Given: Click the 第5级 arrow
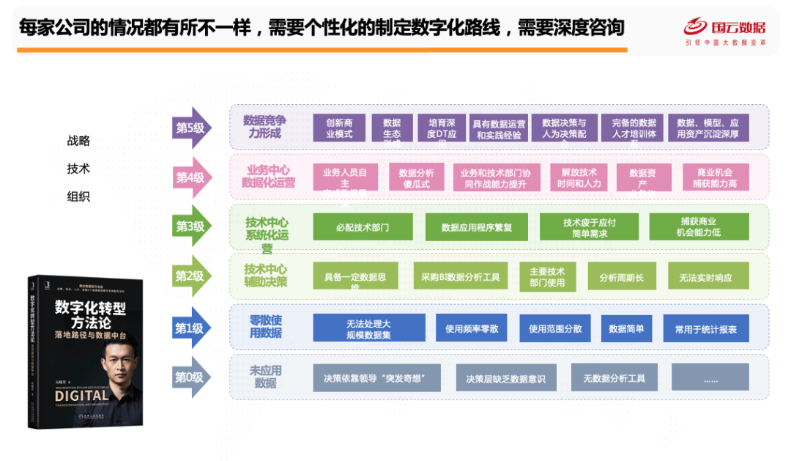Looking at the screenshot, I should [191, 128].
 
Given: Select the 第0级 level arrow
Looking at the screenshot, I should [191, 377].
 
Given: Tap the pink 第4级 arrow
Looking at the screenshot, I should [191, 177].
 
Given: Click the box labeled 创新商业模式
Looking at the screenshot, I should [339, 128].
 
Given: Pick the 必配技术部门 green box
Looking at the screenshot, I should [363, 227].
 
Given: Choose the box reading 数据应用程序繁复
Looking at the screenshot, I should [477, 227].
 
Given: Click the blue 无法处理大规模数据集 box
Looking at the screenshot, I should [368, 328].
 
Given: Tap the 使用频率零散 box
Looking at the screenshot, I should [472, 328].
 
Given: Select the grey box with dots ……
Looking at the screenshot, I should [710, 378].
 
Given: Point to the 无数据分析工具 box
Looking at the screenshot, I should [614, 378].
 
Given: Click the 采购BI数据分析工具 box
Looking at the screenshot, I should [460, 277].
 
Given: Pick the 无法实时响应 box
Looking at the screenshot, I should [709, 277].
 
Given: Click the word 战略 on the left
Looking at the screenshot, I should [78, 141].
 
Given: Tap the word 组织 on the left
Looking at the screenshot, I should [78, 197].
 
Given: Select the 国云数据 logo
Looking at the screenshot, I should [724, 30].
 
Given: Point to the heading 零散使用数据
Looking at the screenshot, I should [265, 327].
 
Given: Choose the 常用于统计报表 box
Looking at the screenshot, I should [706, 328].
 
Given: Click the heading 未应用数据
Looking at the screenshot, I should [265, 377].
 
